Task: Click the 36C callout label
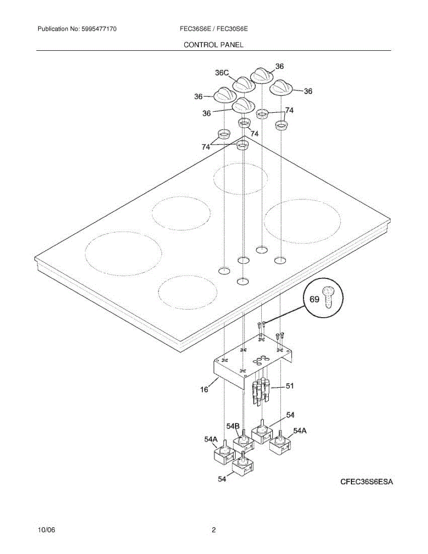click(222, 73)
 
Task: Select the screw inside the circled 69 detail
click(329, 297)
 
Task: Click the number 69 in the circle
click(314, 300)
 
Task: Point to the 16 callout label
click(204, 390)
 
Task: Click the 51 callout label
click(289, 386)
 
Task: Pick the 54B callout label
click(233, 425)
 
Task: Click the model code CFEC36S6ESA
click(367, 482)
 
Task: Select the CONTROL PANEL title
click(213, 45)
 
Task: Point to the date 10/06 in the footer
click(46, 530)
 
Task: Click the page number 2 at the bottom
click(214, 530)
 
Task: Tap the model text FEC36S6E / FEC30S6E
click(214, 29)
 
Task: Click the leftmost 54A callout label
click(211, 440)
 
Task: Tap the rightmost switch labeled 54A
click(279, 445)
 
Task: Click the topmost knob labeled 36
click(262, 75)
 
